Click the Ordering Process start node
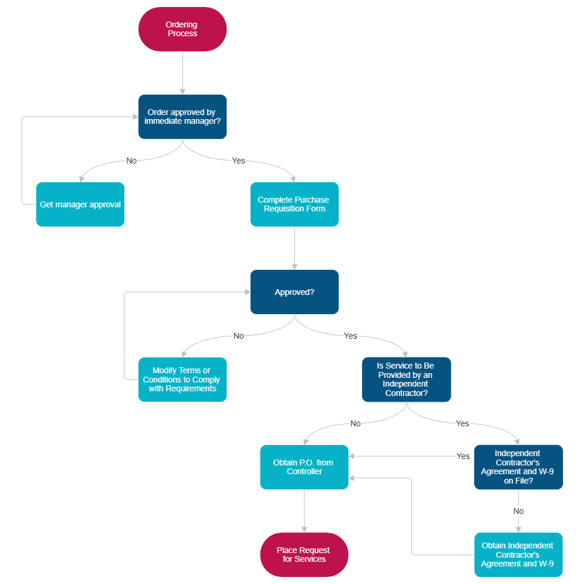(182, 29)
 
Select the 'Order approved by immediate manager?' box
(182, 117)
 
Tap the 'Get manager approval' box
(81, 204)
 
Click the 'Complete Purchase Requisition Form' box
(294, 204)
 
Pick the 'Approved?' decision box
(294, 292)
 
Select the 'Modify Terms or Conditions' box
(182, 380)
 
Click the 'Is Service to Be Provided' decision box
(406, 380)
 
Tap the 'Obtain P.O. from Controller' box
(304, 467)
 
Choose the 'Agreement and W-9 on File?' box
(518, 467)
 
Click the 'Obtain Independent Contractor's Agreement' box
(518, 555)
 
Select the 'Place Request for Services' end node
(304, 555)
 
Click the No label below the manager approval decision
(131, 161)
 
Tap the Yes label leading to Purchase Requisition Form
(238, 161)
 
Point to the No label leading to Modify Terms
(238, 336)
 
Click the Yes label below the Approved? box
(350, 336)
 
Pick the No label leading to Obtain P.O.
(355, 423)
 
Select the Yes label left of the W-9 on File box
(463, 456)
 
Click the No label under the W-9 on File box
(518, 511)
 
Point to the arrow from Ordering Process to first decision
(182, 73)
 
